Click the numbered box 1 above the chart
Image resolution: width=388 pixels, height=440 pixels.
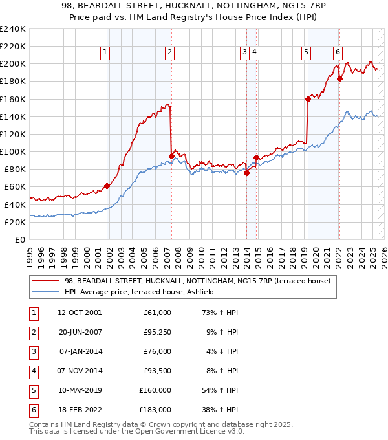pos(105,53)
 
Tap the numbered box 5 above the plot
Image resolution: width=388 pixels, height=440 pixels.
pos(305,53)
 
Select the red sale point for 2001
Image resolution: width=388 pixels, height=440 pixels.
pos(107,186)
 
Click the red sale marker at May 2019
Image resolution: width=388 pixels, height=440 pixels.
pos(308,99)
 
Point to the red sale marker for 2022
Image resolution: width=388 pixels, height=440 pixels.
pos(339,79)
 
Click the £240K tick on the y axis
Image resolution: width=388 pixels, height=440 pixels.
pos(13,29)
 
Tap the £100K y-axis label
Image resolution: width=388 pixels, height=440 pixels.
pos(13,151)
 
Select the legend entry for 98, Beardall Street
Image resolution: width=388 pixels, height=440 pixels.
pos(197,281)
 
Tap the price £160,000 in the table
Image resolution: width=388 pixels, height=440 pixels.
pos(155,390)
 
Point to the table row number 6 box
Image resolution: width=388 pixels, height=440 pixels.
pos(32,409)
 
